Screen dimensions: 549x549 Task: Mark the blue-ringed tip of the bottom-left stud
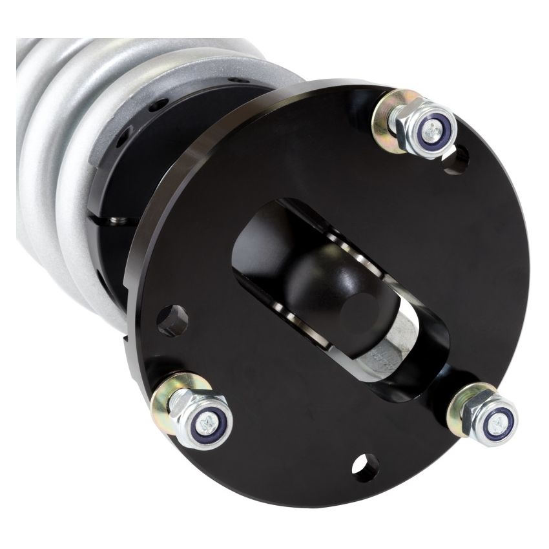pyautogui.click(x=210, y=423)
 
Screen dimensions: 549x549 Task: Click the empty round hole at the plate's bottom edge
pyautogui.click(x=366, y=467)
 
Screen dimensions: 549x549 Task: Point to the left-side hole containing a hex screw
pyautogui.click(x=172, y=320)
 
